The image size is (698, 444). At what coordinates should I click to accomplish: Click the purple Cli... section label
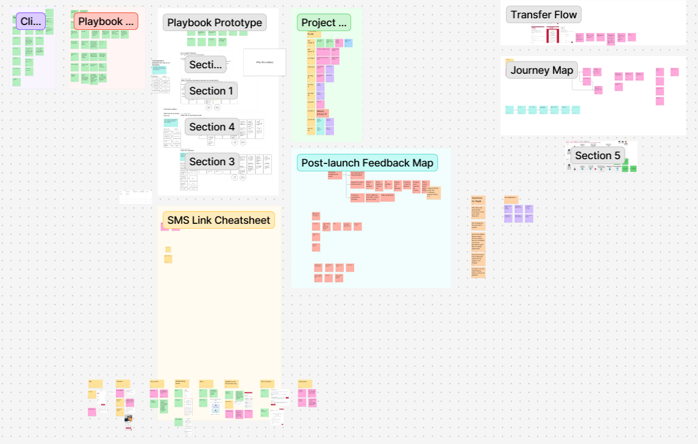pos(30,21)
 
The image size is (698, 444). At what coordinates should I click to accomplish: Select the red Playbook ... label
pos(106,21)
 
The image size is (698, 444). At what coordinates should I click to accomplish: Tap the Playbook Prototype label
pos(215,23)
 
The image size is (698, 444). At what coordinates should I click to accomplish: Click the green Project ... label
pos(324,23)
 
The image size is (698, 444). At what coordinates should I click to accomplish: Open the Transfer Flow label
pos(543,15)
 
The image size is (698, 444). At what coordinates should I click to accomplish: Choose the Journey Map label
pos(541,70)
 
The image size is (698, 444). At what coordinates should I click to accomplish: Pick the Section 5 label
pos(597,156)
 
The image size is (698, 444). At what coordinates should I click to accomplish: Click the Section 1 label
pos(211,91)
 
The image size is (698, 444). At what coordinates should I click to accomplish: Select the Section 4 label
pos(212,127)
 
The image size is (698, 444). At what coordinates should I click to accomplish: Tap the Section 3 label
pos(212,162)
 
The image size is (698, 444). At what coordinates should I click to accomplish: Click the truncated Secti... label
pos(205,65)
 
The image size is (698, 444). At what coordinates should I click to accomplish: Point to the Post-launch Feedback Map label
pos(367,163)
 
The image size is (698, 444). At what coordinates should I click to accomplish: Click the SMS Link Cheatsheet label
pos(218,220)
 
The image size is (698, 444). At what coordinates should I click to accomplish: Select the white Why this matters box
pos(264,62)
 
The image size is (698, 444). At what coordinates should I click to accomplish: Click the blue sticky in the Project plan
pos(348,43)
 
